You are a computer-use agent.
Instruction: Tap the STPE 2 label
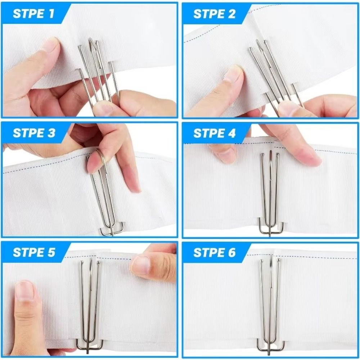pyautogui.click(x=214, y=14)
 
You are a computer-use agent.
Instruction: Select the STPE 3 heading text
pyautogui.click(x=34, y=133)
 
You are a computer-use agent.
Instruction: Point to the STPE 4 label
pyautogui.click(x=215, y=133)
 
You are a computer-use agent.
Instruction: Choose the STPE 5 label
pyautogui.click(x=34, y=252)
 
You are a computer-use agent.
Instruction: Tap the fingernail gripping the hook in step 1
pyautogui.click(x=103, y=107)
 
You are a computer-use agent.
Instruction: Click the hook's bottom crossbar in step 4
pyautogui.click(x=271, y=231)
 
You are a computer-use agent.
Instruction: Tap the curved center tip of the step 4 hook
pyautogui.click(x=271, y=153)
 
